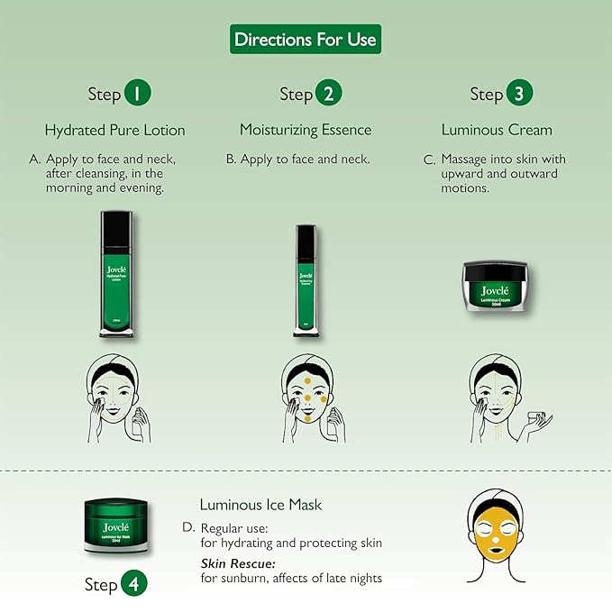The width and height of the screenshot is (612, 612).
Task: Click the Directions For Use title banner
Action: (x=306, y=40)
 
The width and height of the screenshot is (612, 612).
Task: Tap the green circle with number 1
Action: (x=137, y=94)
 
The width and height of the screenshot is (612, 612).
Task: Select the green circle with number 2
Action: (x=329, y=94)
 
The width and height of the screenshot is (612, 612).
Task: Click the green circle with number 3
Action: (x=519, y=94)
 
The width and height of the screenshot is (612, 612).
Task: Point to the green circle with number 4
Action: (x=133, y=583)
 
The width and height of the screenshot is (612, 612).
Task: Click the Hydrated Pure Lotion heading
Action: (x=114, y=130)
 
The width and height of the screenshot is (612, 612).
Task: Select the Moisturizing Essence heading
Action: (x=306, y=130)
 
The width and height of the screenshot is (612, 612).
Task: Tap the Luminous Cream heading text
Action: (x=497, y=130)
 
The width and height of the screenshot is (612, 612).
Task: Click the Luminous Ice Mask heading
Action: (x=260, y=505)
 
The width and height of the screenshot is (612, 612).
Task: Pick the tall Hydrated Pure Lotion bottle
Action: (x=114, y=275)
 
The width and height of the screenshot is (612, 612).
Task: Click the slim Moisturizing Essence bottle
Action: (x=306, y=279)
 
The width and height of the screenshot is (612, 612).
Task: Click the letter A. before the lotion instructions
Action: (x=35, y=160)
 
